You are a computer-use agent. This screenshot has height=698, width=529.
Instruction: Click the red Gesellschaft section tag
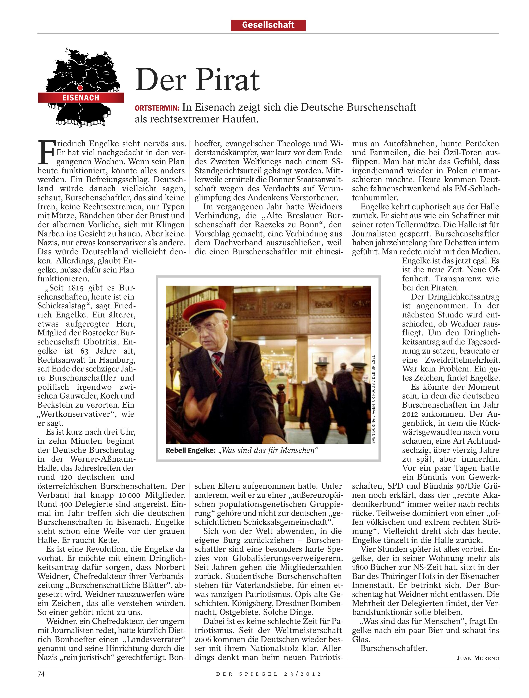click(x=268, y=25)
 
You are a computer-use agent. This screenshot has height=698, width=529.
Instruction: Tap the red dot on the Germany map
click(x=80, y=87)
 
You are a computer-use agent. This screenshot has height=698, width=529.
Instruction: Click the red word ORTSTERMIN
click(x=157, y=108)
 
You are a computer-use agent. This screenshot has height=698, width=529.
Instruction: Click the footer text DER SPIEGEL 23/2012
click(x=268, y=674)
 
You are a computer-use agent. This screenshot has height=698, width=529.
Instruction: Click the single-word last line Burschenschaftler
click(x=394, y=648)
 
